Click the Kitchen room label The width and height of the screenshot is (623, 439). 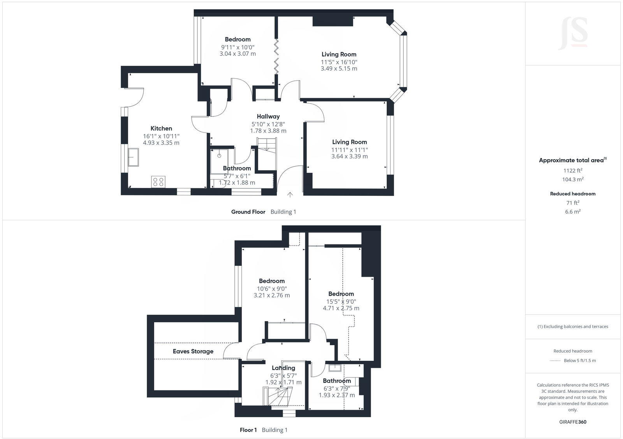pyautogui.click(x=161, y=128)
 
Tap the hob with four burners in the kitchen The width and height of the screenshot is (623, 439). pyautogui.click(x=158, y=181)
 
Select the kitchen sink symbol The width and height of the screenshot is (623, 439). pyautogui.click(x=134, y=157)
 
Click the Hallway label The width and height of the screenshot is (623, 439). pyautogui.click(x=268, y=116)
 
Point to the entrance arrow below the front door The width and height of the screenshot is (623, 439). pyautogui.click(x=290, y=195)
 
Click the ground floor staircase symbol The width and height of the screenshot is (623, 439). pyautogui.click(x=266, y=145)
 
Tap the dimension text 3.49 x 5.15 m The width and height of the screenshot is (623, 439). pyautogui.click(x=339, y=68)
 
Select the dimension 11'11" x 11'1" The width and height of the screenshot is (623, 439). pyautogui.click(x=349, y=149)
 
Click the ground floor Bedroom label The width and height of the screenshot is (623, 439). pyautogui.click(x=238, y=39)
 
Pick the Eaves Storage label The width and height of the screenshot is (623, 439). pyautogui.click(x=193, y=351)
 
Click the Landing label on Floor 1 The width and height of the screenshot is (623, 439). pyautogui.click(x=283, y=368)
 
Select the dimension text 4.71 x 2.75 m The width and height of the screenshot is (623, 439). pyautogui.click(x=341, y=308)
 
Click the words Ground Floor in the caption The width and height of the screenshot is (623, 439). pyautogui.click(x=248, y=212)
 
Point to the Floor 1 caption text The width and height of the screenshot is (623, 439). pyautogui.click(x=248, y=430)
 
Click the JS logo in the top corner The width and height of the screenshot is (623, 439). pyautogui.click(x=573, y=33)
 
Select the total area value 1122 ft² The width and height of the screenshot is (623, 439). pyautogui.click(x=573, y=170)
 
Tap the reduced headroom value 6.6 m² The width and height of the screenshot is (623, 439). pyautogui.click(x=573, y=212)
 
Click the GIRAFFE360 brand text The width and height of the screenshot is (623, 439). pyautogui.click(x=573, y=422)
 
